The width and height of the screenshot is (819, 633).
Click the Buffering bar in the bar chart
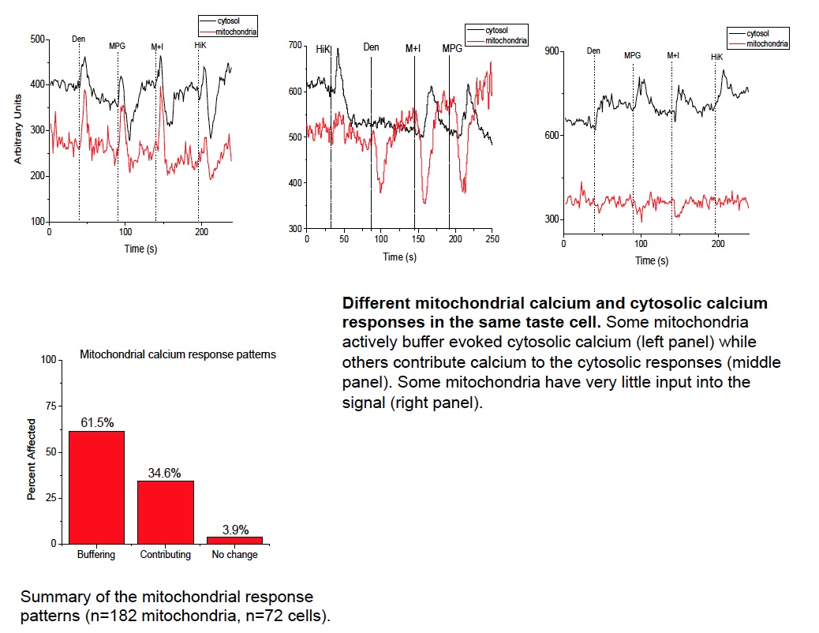point(96,487)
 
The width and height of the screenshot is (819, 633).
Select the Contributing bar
point(165,511)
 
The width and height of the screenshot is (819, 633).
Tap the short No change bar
point(234,540)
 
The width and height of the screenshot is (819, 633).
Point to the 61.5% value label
point(96,424)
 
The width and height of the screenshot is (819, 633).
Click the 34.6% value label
point(165,474)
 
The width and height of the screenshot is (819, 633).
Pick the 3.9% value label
point(234,530)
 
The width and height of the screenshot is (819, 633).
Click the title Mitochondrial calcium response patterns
point(178,354)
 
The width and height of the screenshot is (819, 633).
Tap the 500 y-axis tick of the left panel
point(38,39)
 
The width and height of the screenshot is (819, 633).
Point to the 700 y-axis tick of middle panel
point(295,46)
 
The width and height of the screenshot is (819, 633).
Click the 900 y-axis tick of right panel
point(552,51)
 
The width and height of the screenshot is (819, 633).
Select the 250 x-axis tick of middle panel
point(492,239)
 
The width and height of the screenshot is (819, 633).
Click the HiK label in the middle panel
point(323,49)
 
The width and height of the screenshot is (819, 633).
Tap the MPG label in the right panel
point(633,56)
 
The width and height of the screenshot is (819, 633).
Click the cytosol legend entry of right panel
point(758,34)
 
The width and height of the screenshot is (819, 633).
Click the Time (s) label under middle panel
point(399,257)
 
